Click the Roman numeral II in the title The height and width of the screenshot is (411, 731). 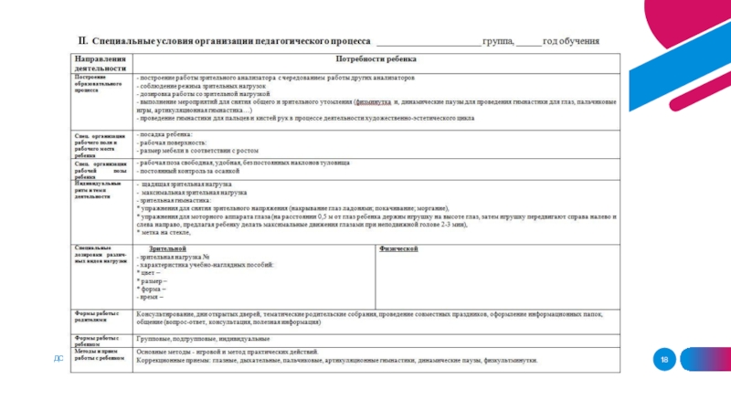pyautogui.click(x=80, y=41)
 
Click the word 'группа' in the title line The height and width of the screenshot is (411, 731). pyautogui.click(x=501, y=41)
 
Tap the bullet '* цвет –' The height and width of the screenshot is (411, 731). pyautogui.click(x=149, y=273)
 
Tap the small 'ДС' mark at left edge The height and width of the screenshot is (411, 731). pyautogui.click(x=58, y=359)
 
